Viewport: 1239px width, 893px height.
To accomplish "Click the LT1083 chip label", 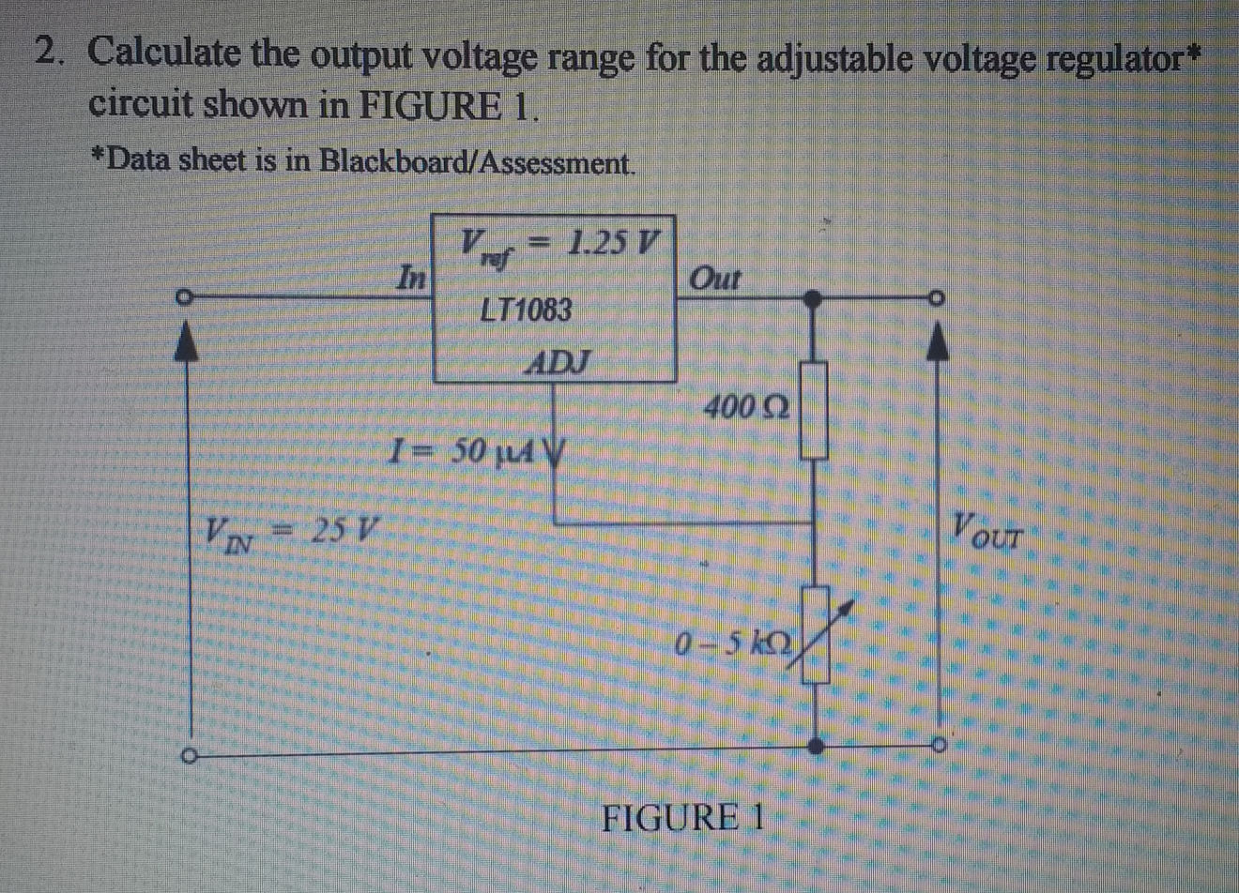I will (525, 310).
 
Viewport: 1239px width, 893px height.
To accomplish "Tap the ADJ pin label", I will (559, 361).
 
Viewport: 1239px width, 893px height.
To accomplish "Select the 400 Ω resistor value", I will (746, 407).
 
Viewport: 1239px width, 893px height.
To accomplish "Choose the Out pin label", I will (714, 279).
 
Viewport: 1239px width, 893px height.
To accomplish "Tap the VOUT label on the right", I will (987, 531).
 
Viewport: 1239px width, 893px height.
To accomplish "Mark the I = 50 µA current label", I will (463, 452).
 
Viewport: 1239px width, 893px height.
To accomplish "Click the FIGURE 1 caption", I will (682, 817).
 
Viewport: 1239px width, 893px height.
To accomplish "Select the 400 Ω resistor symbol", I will (814, 410).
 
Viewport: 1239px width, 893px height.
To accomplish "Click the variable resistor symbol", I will (817, 635).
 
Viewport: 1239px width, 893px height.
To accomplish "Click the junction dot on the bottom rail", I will (817, 746).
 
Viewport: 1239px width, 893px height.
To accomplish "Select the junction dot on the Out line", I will (814, 298).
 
